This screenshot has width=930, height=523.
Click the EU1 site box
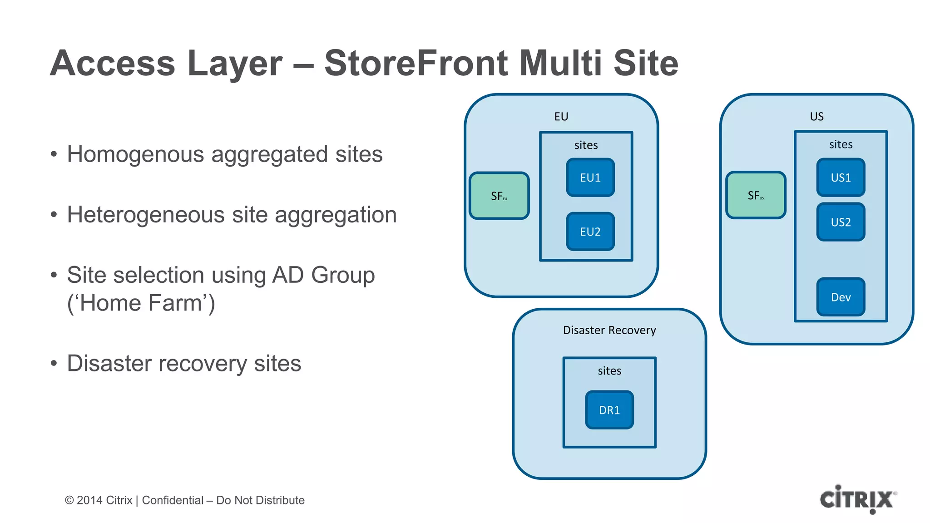(x=590, y=178)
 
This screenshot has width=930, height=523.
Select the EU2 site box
(x=590, y=232)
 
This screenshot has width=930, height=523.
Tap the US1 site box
(x=841, y=178)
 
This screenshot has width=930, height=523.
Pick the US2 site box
(x=841, y=222)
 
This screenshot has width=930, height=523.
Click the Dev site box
(x=841, y=297)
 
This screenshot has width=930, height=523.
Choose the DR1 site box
(x=609, y=410)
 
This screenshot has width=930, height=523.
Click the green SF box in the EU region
(x=499, y=196)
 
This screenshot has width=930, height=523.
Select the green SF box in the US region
(x=756, y=195)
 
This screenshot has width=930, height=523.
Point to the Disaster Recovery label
(x=609, y=330)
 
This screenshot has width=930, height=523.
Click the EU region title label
(x=561, y=117)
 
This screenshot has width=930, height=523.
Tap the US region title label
(x=816, y=117)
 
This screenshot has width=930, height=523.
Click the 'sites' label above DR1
(x=609, y=371)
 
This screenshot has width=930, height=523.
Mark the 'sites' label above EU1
(x=586, y=145)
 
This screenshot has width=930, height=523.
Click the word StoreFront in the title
(x=416, y=64)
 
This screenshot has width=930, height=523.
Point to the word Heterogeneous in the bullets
(x=145, y=215)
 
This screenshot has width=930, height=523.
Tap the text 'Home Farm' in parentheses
(x=141, y=303)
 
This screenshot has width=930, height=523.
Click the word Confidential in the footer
(x=173, y=500)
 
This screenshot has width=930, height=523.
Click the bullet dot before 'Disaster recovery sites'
(x=54, y=363)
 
